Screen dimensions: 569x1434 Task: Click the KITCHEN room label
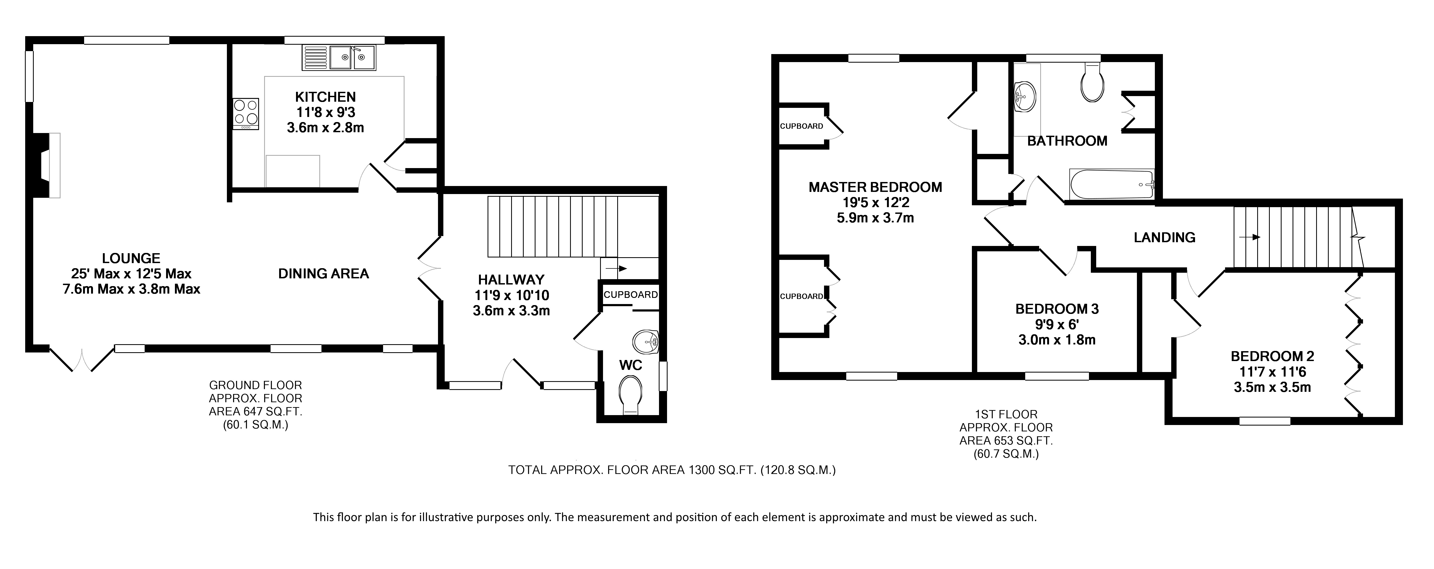(x=325, y=97)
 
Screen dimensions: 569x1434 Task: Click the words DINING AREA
(x=323, y=274)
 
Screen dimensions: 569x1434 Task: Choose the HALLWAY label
(x=511, y=280)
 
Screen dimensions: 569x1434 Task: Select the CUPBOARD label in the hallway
(x=631, y=295)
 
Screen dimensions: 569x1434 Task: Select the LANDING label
(x=1165, y=237)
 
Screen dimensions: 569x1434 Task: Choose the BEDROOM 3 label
(x=1057, y=309)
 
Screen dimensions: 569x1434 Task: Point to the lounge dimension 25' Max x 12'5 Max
(x=131, y=274)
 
